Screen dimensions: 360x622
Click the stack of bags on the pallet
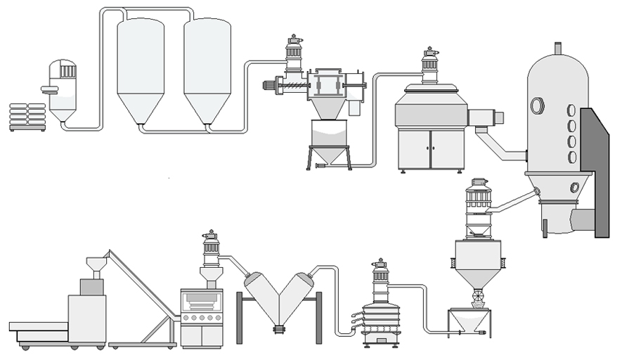coord(27,117)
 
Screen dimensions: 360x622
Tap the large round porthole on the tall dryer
coord(538,106)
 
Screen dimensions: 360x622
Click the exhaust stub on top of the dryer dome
coord(558,49)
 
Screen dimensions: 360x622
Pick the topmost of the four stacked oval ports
coord(571,111)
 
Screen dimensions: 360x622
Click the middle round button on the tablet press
coord(202,317)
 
